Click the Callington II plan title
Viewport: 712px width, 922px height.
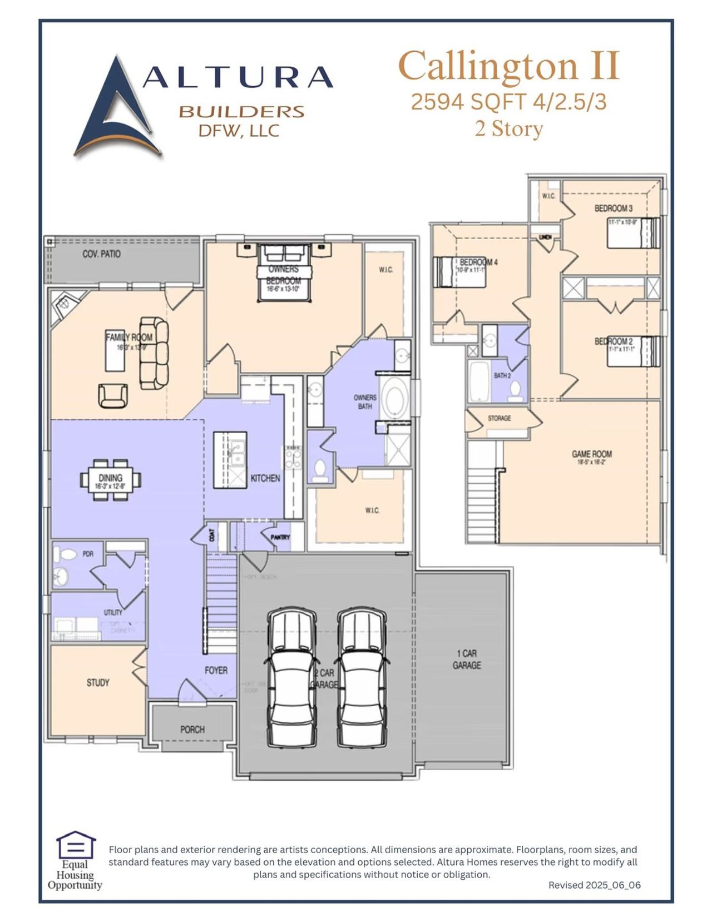[508, 66]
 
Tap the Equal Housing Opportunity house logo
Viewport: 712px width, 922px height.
[76, 845]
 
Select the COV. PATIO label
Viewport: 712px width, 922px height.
[101, 254]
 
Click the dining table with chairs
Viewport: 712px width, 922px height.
[110, 479]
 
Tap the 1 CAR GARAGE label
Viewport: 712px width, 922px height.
[466, 660]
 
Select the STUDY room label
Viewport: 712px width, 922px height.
[98, 682]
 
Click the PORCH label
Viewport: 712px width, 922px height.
[192, 729]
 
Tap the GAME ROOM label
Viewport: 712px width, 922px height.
[591, 454]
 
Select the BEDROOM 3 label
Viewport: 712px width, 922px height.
[613, 209]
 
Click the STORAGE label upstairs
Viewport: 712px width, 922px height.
[499, 418]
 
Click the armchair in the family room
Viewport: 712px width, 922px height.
[113, 395]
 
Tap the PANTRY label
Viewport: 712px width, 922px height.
[280, 537]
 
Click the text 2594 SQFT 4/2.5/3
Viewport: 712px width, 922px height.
[508, 102]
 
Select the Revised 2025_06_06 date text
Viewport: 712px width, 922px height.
[594, 885]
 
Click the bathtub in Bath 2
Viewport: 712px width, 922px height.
[479, 381]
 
